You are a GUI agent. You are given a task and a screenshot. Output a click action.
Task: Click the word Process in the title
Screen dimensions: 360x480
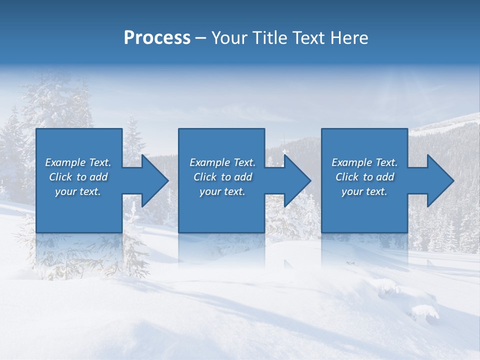click(x=157, y=38)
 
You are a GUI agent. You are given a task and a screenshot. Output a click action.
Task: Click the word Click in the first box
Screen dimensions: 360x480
click(x=60, y=177)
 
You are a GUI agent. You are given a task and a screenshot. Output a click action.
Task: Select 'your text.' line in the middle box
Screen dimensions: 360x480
click(x=222, y=191)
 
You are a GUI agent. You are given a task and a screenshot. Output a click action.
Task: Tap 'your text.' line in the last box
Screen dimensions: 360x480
click(x=364, y=191)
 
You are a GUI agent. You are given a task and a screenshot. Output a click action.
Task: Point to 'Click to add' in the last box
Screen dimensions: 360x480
click(x=364, y=177)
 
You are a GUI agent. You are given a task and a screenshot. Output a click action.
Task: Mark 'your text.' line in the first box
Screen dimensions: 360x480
click(x=78, y=191)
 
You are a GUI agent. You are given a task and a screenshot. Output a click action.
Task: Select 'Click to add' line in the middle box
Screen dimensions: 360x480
click(x=222, y=177)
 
